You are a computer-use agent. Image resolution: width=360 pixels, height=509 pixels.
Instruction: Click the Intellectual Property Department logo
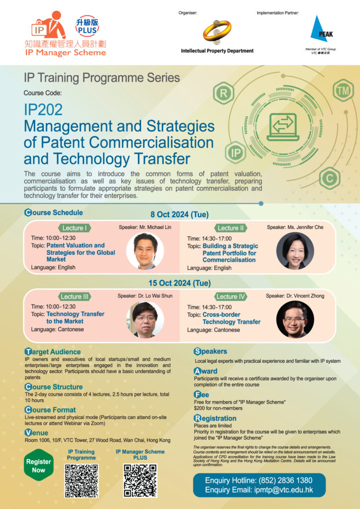(217, 32)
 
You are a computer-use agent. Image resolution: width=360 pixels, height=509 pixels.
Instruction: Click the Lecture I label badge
(73, 228)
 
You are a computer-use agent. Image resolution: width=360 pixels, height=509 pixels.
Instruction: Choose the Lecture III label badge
(74, 297)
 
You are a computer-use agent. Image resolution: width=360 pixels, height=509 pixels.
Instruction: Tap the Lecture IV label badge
(231, 297)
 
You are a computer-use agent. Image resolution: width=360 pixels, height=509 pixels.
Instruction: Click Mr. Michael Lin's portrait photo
(145, 251)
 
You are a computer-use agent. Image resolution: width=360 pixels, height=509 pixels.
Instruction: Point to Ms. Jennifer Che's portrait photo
(295, 251)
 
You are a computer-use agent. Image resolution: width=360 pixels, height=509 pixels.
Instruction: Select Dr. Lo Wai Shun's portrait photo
(145, 320)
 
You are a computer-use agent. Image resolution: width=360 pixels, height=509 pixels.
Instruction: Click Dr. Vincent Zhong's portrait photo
(295, 320)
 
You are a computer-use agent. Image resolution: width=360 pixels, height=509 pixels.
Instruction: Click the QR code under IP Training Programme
(82, 481)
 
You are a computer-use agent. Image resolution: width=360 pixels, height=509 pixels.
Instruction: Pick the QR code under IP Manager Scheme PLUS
(140, 481)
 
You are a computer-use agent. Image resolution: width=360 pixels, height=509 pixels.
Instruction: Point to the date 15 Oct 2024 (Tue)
(179, 283)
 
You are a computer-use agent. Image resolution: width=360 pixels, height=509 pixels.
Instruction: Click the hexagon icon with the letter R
(223, 93)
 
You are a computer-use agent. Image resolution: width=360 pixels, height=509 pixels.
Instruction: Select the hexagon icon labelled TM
(342, 91)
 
